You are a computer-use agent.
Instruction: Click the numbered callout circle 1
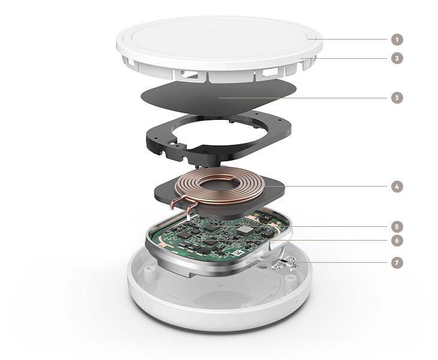click(397, 40)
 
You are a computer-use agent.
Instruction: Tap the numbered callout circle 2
click(397, 58)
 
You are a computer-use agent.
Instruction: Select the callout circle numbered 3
click(397, 98)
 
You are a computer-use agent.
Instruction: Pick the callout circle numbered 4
click(397, 186)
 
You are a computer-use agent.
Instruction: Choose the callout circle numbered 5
click(397, 227)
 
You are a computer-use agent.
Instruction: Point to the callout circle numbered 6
click(397, 240)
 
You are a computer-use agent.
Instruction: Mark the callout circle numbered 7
click(397, 263)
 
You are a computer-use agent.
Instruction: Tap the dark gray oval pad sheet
click(218, 97)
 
